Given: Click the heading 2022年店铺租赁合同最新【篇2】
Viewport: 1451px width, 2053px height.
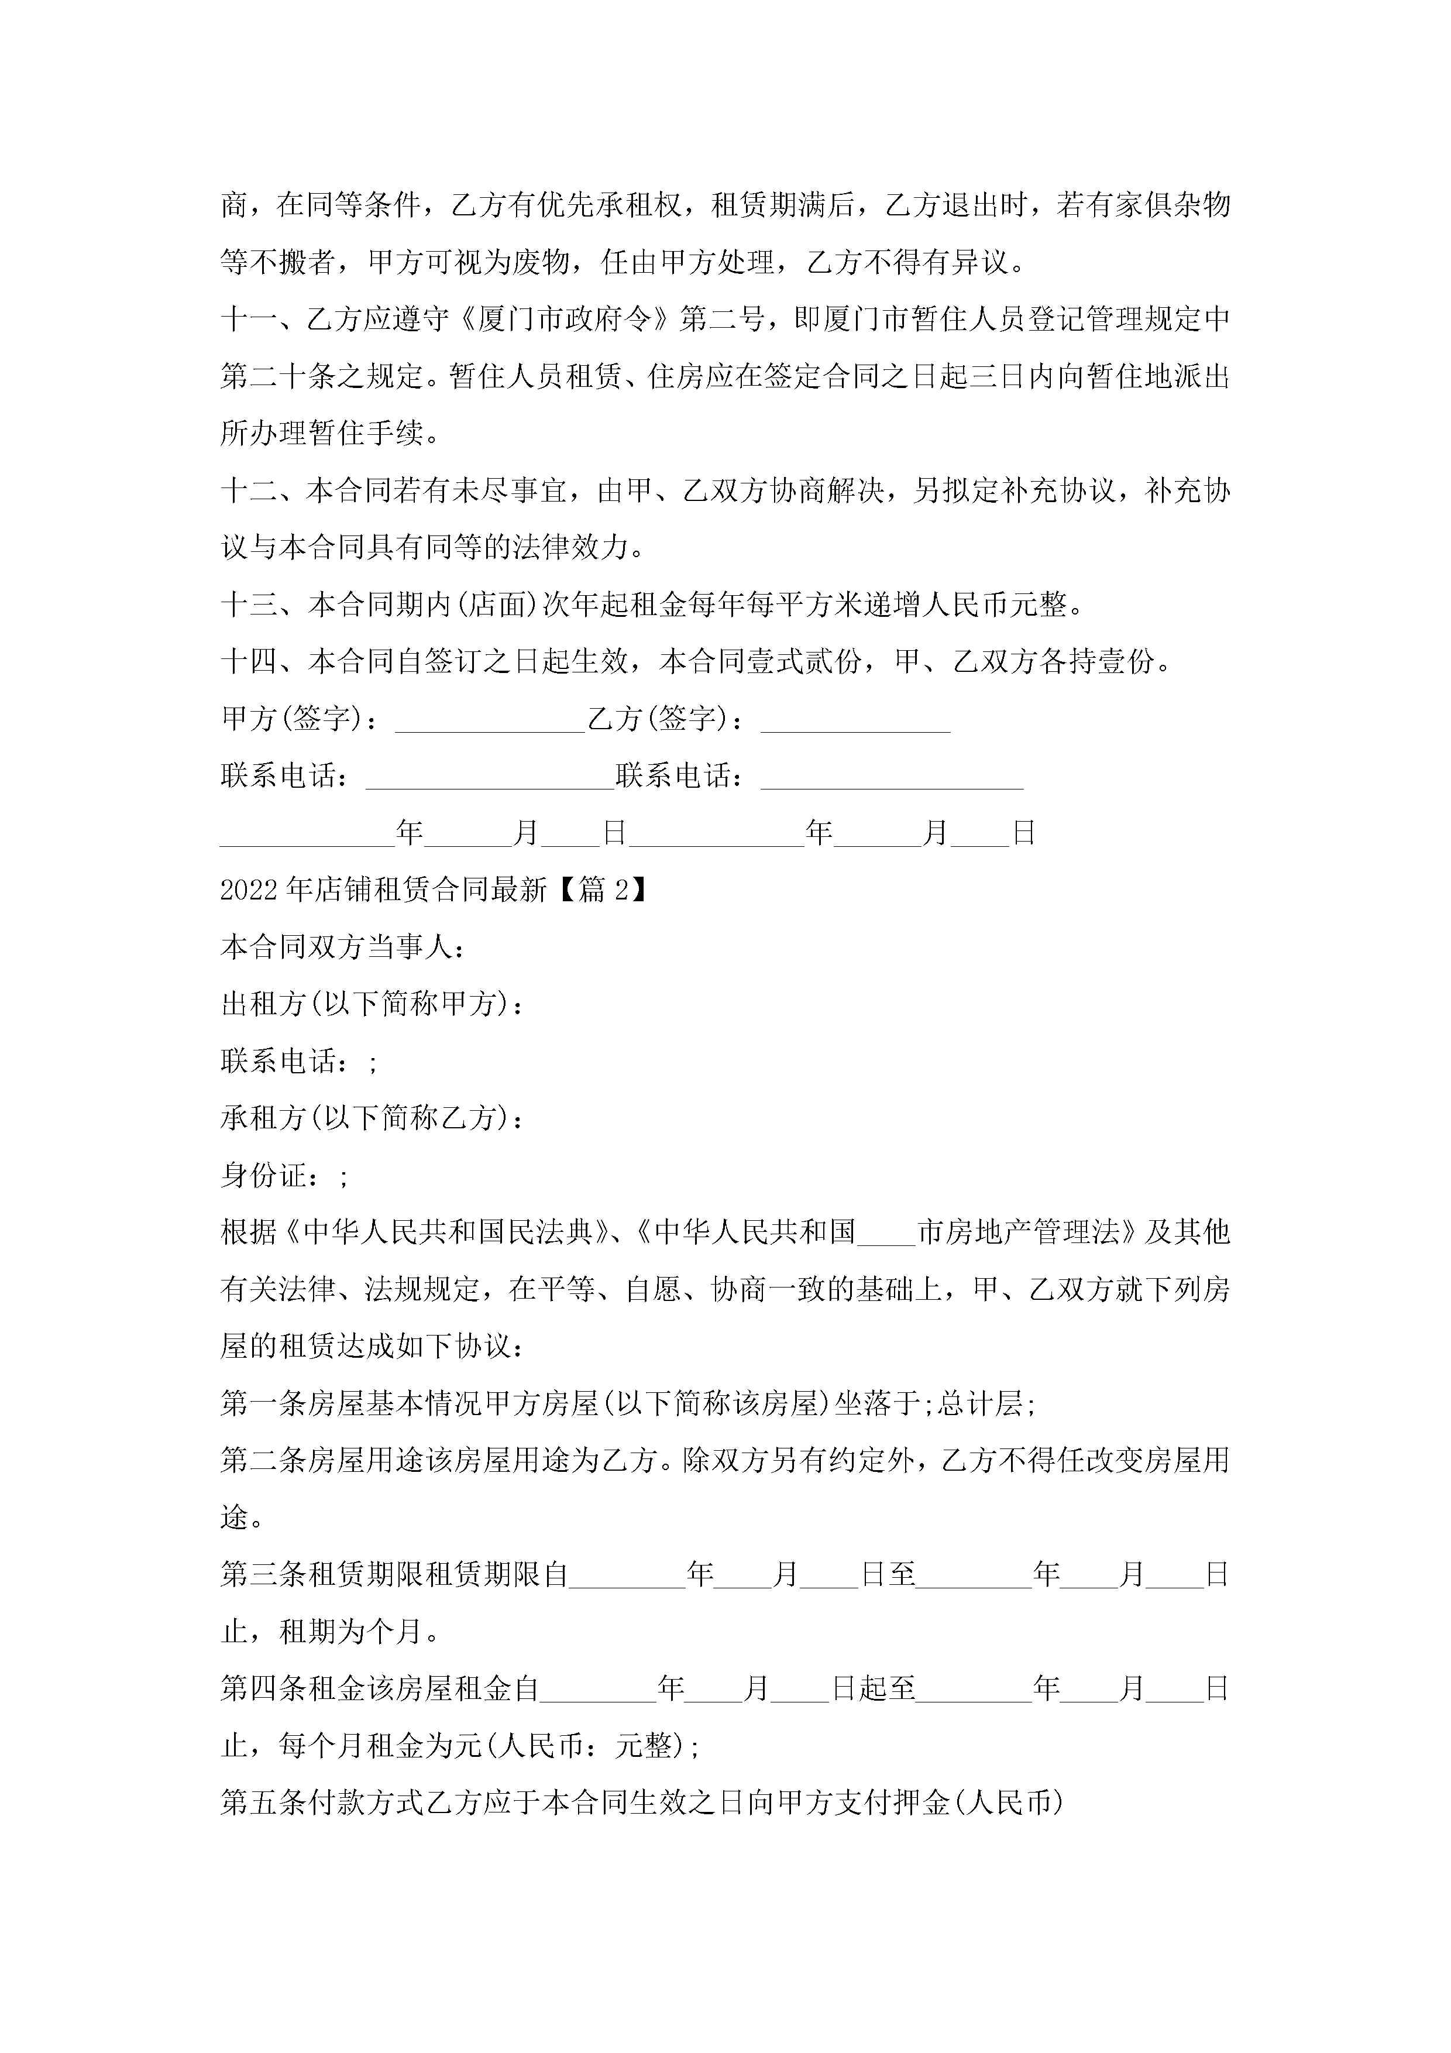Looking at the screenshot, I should click(433, 890).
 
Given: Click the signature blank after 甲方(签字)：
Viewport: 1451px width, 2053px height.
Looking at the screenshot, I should click(490, 720).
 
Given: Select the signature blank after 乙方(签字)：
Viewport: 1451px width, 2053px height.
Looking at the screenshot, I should click(855, 720).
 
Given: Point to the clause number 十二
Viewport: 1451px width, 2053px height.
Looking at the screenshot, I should click(249, 491).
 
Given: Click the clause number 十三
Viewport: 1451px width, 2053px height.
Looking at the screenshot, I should click(249, 605).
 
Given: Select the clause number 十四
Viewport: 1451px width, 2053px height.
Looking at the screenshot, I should click(249, 662).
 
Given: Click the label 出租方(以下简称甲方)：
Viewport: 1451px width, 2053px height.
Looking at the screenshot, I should click(372, 1004).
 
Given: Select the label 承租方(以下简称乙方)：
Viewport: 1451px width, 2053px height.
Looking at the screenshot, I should click(372, 1118).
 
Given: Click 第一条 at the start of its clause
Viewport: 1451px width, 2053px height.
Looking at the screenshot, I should click(263, 1404).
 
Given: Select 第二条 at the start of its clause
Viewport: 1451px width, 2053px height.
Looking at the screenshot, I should click(263, 1461).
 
